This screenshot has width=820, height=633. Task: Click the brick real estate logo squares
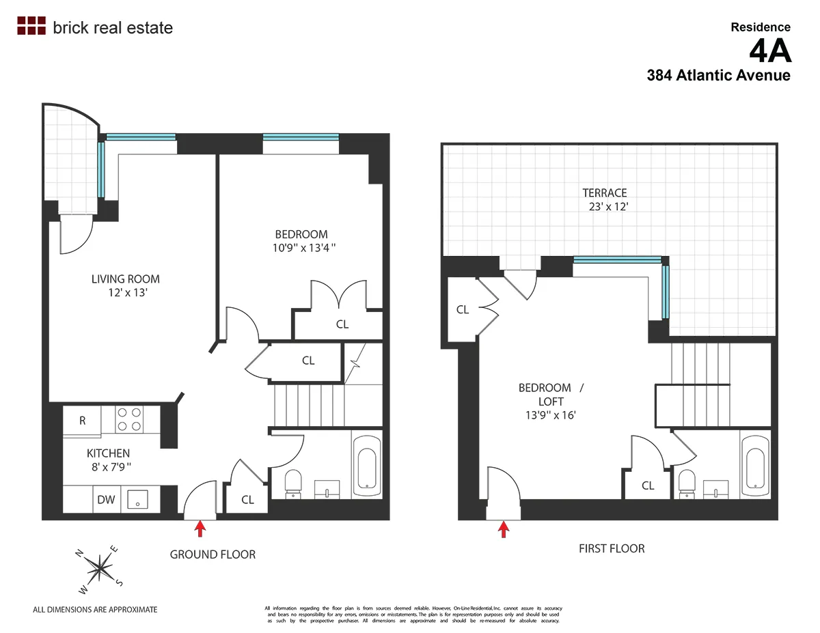point(31,26)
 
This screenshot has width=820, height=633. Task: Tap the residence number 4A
point(769,51)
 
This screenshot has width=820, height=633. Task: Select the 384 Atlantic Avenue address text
point(718,76)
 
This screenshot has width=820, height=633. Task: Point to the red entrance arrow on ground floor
point(200,529)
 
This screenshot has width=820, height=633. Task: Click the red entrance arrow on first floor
point(504,529)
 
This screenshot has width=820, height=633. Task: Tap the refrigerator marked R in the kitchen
point(82,421)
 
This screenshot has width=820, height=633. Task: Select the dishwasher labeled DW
point(105,500)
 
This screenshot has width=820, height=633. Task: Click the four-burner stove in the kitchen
point(128,419)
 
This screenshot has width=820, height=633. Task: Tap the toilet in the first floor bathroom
point(687,483)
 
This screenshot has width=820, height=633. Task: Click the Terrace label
point(604,193)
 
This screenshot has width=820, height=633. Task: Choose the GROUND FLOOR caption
point(213,554)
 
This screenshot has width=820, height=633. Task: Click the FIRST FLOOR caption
point(611,548)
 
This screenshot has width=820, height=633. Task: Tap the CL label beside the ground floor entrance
point(247,500)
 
